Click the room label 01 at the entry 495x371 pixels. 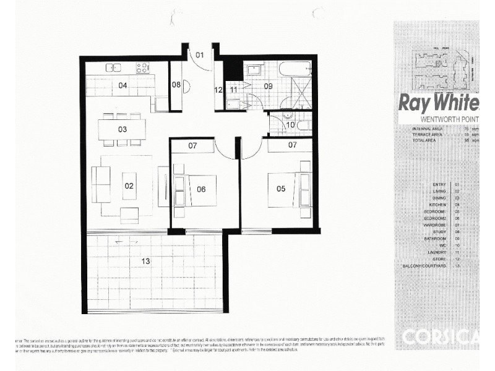tap(200, 55)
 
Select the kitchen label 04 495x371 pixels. tap(123, 85)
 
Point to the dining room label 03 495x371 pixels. tap(123, 129)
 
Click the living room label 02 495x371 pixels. tap(129, 185)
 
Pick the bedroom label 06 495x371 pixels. tap(201, 189)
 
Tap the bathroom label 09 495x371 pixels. tap(269, 87)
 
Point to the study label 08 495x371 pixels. tap(176, 85)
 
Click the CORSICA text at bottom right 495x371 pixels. tap(440, 337)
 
